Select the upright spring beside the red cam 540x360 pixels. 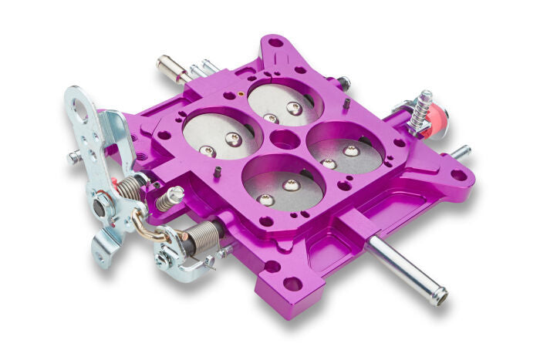421,108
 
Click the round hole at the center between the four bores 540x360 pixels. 285,140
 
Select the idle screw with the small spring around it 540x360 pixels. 169,198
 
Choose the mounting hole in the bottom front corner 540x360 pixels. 292,284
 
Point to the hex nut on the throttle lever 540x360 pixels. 101,207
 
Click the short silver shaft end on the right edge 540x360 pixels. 461,152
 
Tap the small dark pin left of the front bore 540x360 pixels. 220,172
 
